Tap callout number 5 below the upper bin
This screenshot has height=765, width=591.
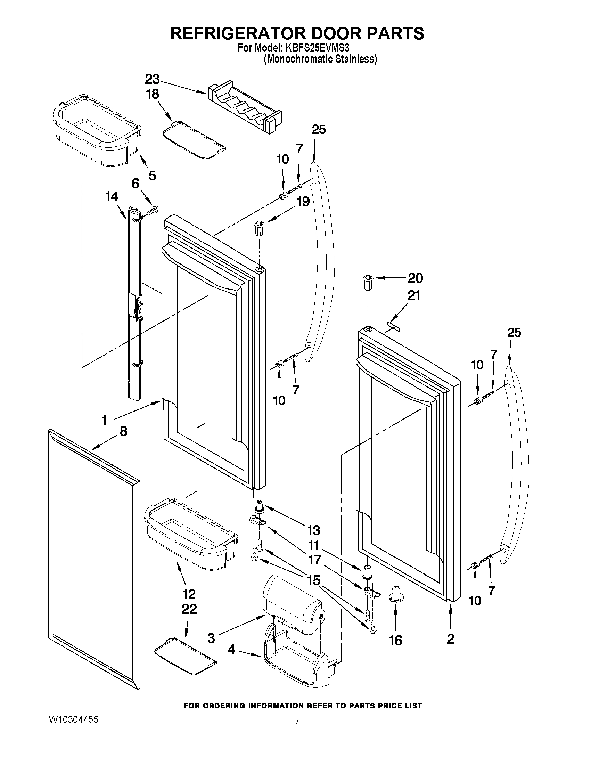151,176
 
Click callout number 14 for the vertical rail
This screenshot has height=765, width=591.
112,197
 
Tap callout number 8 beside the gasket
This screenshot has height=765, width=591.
123,432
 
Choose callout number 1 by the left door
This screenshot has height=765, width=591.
104,420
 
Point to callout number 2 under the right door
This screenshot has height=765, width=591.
450,638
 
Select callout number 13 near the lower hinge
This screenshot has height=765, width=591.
313,530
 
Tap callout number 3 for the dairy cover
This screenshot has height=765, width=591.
211,638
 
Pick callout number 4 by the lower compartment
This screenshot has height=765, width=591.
231,650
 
